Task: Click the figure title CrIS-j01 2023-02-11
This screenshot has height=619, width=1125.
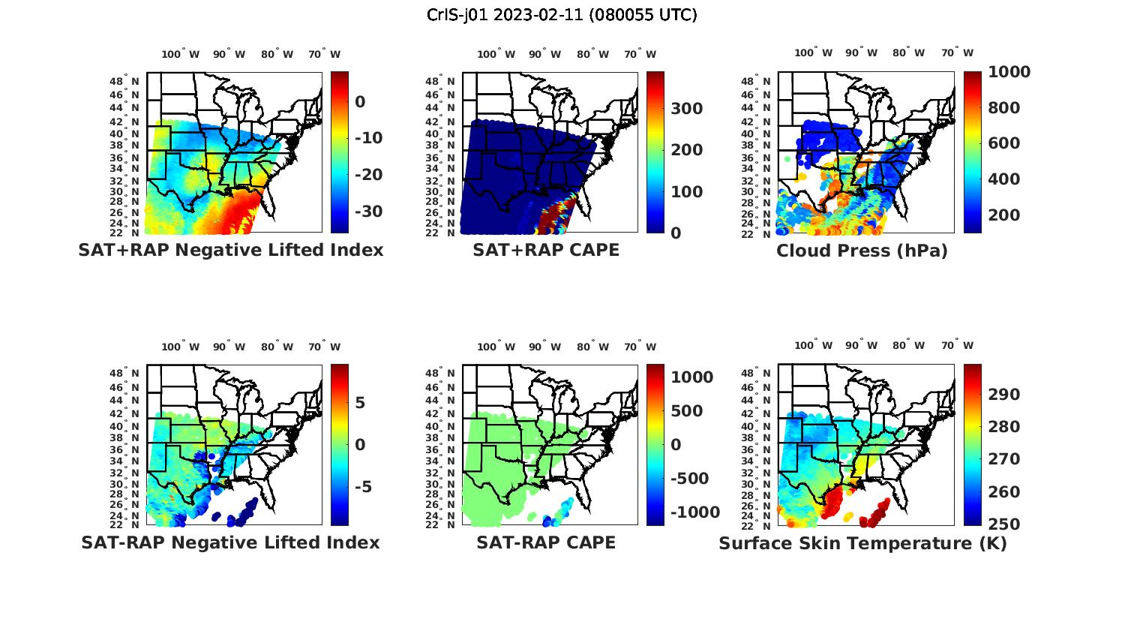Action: (x=562, y=15)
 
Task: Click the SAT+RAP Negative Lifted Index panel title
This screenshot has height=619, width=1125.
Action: (x=230, y=250)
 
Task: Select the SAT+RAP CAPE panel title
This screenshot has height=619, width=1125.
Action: (x=546, y=250)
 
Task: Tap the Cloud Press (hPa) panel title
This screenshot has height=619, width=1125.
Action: (x=862, y=251)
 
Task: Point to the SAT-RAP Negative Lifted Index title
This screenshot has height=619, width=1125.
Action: (x=230, y=542)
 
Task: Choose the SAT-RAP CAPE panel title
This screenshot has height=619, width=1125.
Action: (x=546, y=542)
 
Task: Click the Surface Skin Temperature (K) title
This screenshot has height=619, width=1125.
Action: (x=862, y=543)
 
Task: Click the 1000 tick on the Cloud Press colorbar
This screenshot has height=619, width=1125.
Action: (x=1009, y=72)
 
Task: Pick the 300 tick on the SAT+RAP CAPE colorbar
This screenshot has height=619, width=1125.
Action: (x=686, y=109)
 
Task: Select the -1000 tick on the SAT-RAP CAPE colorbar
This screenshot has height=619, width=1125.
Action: (x=695, y=512)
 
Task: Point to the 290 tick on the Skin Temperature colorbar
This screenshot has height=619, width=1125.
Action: (x=1003, y=395)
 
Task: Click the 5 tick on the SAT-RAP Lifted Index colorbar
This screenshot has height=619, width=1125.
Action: (x=360, y=403)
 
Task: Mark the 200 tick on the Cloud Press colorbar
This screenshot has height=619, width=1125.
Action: (x=1003, y=215)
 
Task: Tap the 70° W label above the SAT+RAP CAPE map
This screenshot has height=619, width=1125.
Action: (x=640, y=54)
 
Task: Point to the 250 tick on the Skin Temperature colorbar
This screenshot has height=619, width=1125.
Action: (x=1003, y=524)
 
